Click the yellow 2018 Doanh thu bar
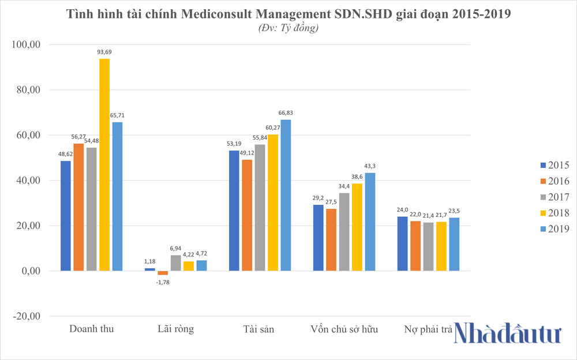point(104,164)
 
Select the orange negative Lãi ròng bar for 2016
point(163,273)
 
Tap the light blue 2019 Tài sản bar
point(286,195)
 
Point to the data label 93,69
point(104,52)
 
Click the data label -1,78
point(163,282)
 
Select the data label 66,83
point(286,112)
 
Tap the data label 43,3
point(369,166)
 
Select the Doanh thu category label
point(91,329)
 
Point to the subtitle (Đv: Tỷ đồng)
point(288,27)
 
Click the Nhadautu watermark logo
point(508,335)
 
